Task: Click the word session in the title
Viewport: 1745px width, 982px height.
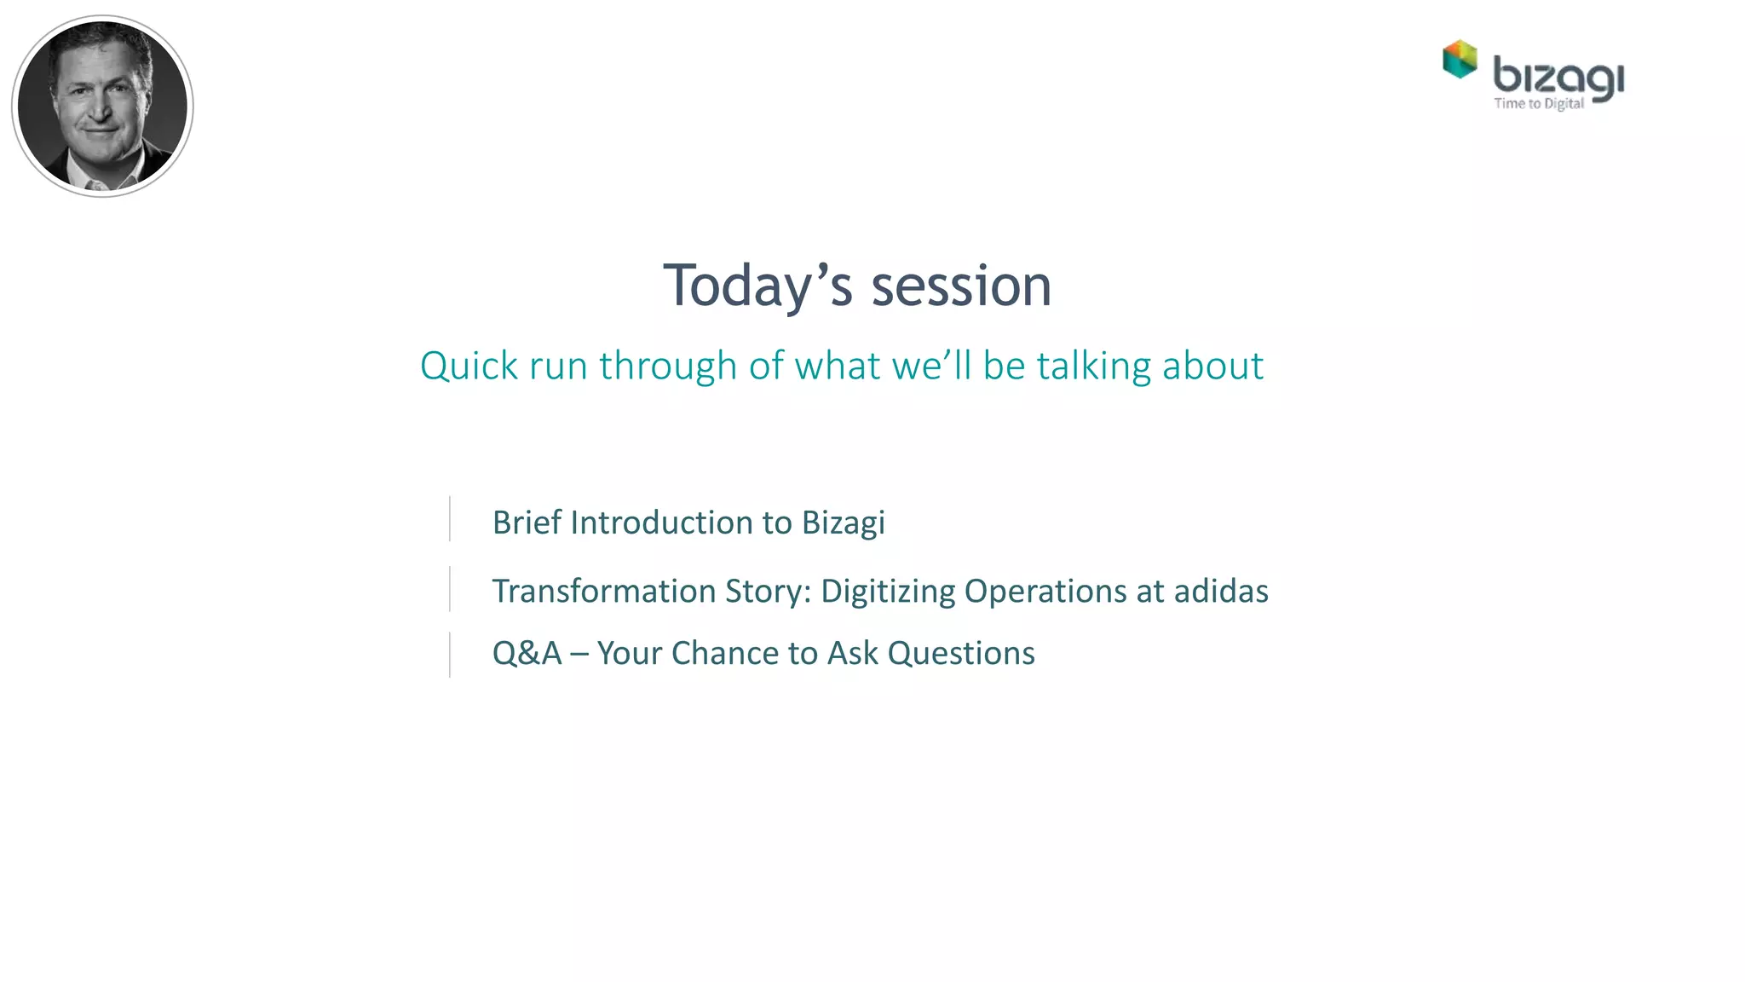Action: coord(961,286)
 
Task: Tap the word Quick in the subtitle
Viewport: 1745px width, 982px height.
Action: coord(469,367)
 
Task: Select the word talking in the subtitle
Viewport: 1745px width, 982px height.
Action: coord(1094,367)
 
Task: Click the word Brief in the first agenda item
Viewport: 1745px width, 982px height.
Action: coord(527,523)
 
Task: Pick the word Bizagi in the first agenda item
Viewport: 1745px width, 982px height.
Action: coord(843,523)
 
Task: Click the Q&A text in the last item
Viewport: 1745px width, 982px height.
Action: coord(527,654)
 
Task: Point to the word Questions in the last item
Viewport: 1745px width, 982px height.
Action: coord(961,654)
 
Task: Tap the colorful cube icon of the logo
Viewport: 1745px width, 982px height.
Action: coord(1460,59)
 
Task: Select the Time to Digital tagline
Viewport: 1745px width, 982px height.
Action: coord(1539,104)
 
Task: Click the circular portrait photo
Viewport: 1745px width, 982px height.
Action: coord(102,106)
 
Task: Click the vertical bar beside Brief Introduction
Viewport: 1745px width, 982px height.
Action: coord(450,518)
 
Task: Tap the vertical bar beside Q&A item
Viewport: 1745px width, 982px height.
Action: coord(450,655)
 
